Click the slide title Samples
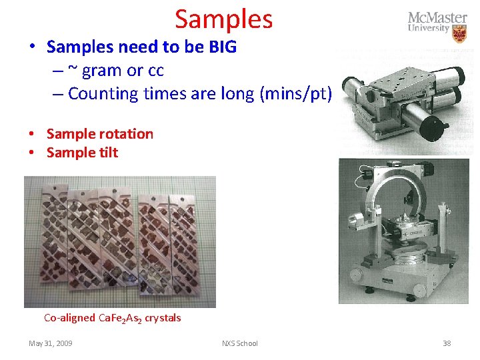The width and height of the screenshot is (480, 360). coord(224,19)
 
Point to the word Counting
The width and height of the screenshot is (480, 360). coord(101,93)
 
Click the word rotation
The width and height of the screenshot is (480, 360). coord(125,133)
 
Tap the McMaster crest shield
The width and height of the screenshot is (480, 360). coord(459,33)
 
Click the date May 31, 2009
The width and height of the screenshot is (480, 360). coord(51,343)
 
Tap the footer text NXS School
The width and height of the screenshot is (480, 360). coord(240,343)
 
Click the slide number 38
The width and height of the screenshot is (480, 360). coord(447,343)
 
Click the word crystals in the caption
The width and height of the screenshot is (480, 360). coord(163,318)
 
